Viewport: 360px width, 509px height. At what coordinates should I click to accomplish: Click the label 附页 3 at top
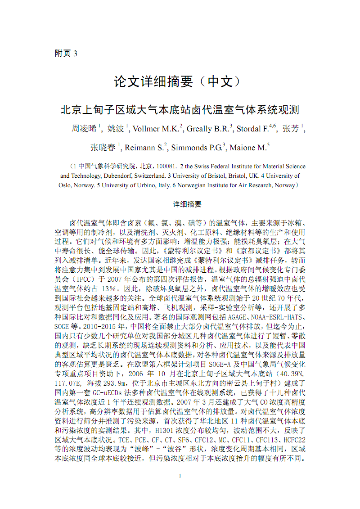[66, 53]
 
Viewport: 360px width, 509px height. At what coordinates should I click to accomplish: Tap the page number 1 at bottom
[180, 476]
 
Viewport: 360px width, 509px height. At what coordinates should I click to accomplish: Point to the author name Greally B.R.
[207, 129]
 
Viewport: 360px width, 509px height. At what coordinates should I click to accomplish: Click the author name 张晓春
[103, 147]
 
